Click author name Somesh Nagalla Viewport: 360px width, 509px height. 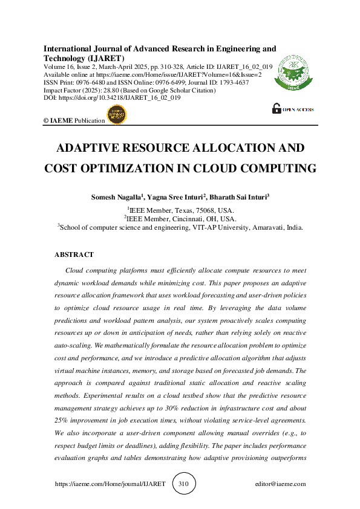[x=115, y=197]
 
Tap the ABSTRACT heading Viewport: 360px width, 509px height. [x=74, y=254]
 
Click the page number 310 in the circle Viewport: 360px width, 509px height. [x=184, y=484]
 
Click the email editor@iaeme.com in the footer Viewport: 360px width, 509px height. [x=280, y=484]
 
